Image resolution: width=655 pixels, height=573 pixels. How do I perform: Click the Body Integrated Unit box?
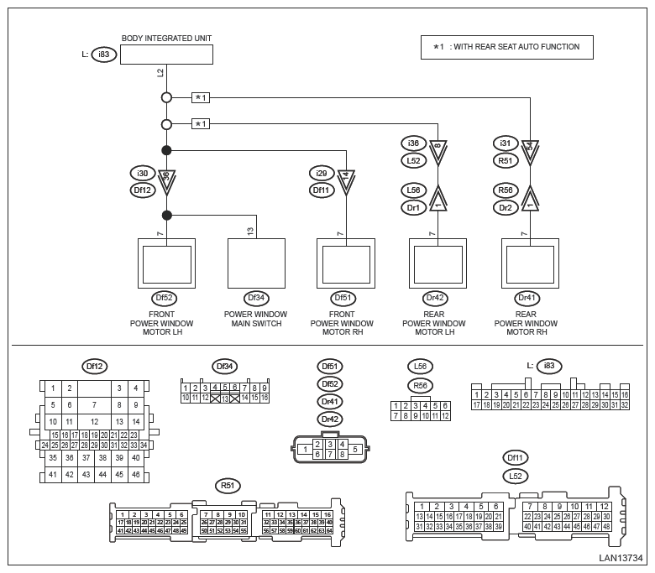pyautogui.click(x=166, y=55)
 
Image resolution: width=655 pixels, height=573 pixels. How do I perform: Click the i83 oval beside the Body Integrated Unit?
pyautogui.click(x=103, y=55)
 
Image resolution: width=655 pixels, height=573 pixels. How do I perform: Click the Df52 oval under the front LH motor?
pyautogui.click(x=165, y=297)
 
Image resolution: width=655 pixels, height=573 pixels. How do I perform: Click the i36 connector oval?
pyautogui.click(x=412, y=143)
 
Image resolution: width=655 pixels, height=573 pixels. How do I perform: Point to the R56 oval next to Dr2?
pyautogui.click(x=506, y=190)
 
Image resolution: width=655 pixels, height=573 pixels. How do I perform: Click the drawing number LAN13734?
pyautogui.click(x=621, y=557)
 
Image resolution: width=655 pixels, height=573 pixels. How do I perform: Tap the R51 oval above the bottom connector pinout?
pyautogui.click(x=226, y=485)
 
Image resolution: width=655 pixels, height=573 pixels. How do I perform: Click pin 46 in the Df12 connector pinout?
pyautogui.click(x=135, y=475)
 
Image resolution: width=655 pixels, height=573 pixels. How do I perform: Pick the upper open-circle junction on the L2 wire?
pyautogui.click(x=166, y=98)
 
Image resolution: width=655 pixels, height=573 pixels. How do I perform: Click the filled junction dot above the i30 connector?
pyautogui.click(x=166, y=150)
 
